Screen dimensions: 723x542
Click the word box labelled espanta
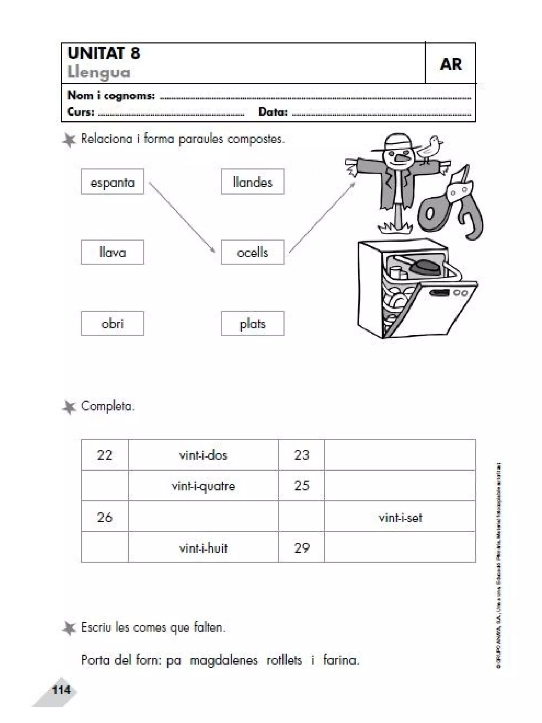tap(112, 182)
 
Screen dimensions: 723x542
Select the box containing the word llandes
tap(252, 182)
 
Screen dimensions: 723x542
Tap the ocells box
tap(252, 252)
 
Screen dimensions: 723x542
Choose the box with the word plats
tap(252, 323)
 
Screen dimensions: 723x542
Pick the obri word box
tap(112, 323)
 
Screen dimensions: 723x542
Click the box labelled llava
tap(112, 252)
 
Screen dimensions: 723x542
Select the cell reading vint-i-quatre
tap(203, 486)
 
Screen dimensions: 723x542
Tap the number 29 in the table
tap(301, 548)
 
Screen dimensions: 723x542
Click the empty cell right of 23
tap(400, 455)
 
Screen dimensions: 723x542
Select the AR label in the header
tap(450, 64)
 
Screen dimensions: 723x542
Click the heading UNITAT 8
tap(104, 53)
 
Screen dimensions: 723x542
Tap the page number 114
tap(61, 690)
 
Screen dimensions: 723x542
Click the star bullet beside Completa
tap(69, 407)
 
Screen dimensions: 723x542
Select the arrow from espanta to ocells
tap(182, 217)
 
